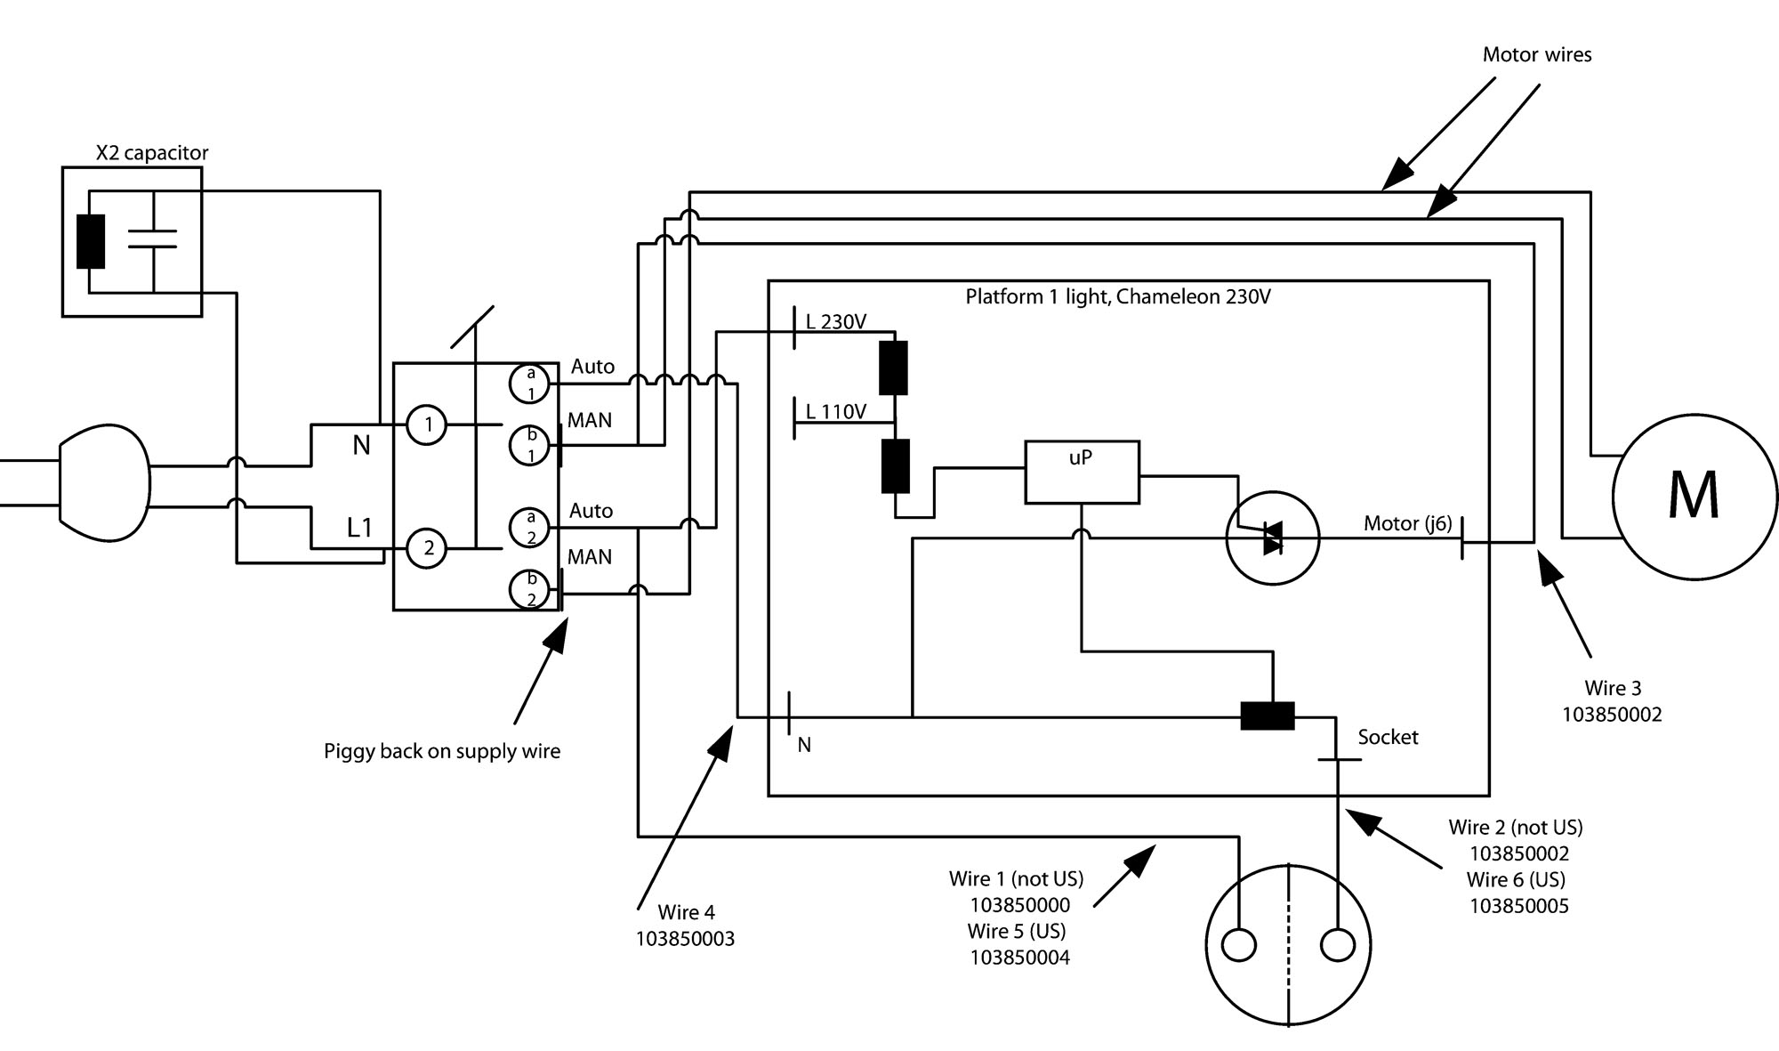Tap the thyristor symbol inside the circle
click(1272, 538)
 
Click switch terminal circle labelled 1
click(427, 424)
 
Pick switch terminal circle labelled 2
click(427, 548)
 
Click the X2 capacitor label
click(152, 153)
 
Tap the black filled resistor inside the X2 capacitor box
click(91, 241)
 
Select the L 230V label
click(836, 321)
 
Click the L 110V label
click(836, 411)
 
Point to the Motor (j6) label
click(1407, 523)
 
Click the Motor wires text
click(1537, 54)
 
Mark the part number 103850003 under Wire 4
click(685, 939)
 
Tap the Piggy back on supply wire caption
click(442, 751)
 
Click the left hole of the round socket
click(1239, 946)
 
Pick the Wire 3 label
click(1613, 688)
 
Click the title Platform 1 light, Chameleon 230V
click(1118, 296)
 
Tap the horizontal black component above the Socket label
click(1268, 716)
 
